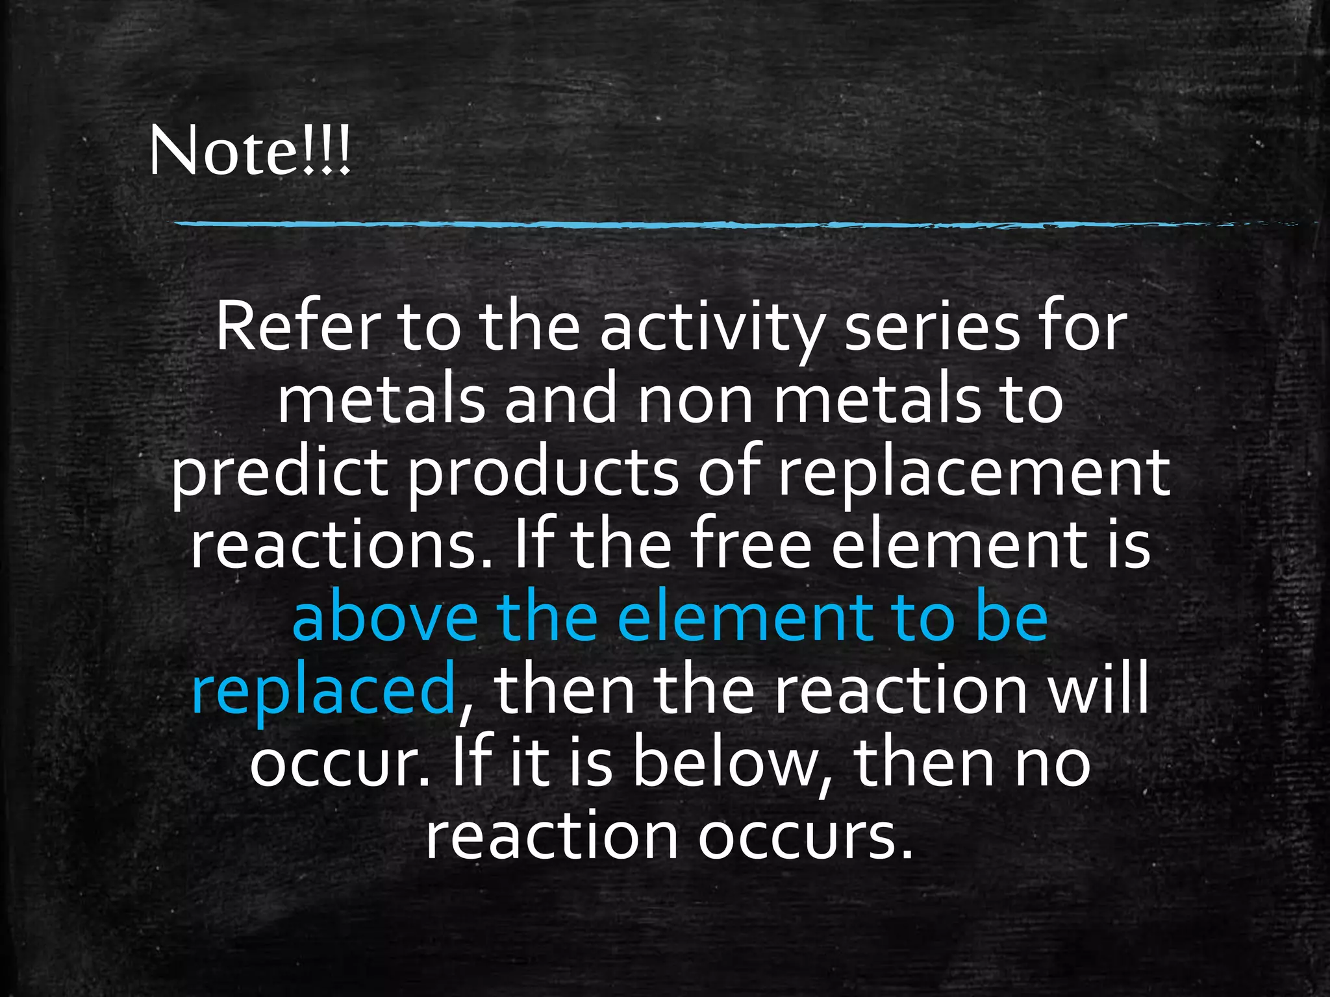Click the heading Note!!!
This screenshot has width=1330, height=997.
pyautogui.click(x=250, y=151)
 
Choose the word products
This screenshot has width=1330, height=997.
pyautogui.click(x=543, y=474)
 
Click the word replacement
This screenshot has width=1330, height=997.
pyautogui.click(x=974, y=474)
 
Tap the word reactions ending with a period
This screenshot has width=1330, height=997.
pyautogui.click(x=341, y=547)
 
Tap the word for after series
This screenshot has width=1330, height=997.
pyautogui.click(x=1081, y=328)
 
